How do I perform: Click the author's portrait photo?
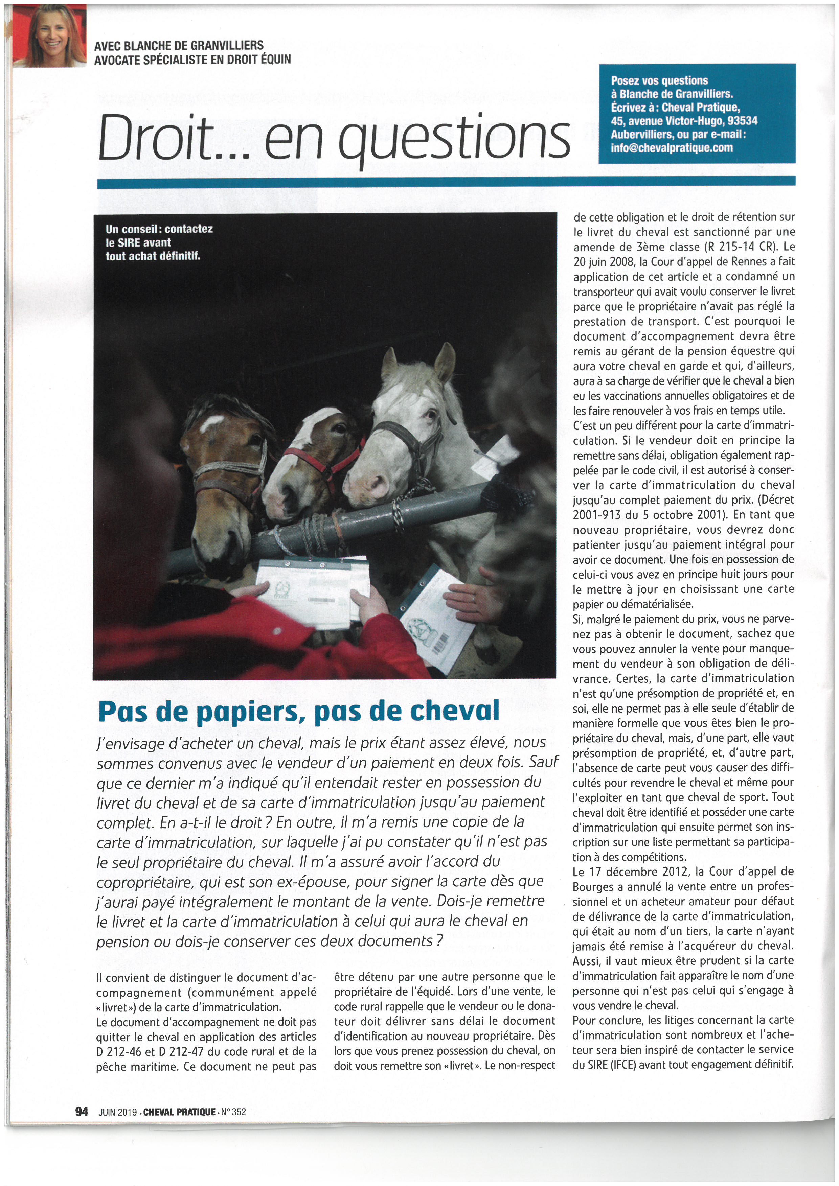(x=49, y=36)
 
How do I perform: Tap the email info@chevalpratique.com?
(x=672, y=148)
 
